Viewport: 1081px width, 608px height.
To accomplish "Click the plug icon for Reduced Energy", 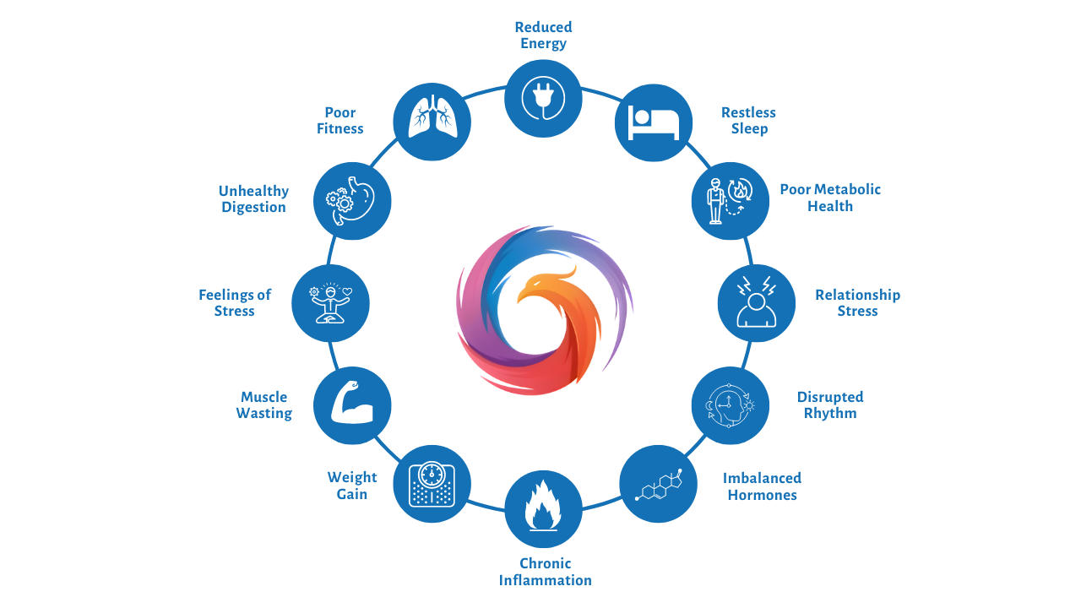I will coord(543,98).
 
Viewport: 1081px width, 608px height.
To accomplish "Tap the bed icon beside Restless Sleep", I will coord(654,123).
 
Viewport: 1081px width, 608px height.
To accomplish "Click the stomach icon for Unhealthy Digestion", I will coord(352,201).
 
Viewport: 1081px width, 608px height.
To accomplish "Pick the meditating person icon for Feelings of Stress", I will coord(330,303).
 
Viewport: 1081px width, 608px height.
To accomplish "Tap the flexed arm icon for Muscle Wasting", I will coord(352,405).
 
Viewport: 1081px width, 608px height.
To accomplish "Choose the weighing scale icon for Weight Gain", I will coord(432,484).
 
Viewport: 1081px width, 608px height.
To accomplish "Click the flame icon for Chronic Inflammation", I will coord(543,509).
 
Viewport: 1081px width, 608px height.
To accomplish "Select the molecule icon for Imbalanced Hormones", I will coord(659,484).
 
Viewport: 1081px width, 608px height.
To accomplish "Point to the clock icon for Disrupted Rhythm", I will coord(731,405).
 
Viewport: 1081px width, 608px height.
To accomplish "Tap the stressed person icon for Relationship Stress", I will coord(756,303).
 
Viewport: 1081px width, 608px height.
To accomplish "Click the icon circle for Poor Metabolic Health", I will coord(731,201).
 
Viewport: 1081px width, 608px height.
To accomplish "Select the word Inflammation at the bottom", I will coord(545,580).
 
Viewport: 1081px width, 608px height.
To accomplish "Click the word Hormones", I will coord(762,495).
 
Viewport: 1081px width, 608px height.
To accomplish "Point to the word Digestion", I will coord(253,207).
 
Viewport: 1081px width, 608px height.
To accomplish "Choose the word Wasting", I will coord(263,413).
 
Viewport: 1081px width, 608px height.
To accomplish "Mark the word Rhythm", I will coord(830,413).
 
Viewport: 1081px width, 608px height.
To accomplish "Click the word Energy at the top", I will coord(543,43).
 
